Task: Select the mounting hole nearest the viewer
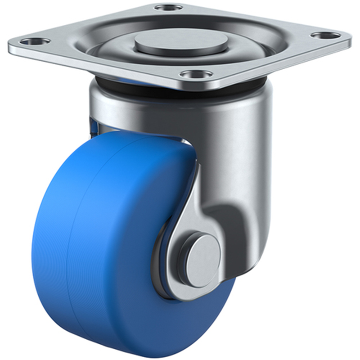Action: [x=196, y=74]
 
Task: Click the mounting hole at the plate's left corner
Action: [x=34, y=41]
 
